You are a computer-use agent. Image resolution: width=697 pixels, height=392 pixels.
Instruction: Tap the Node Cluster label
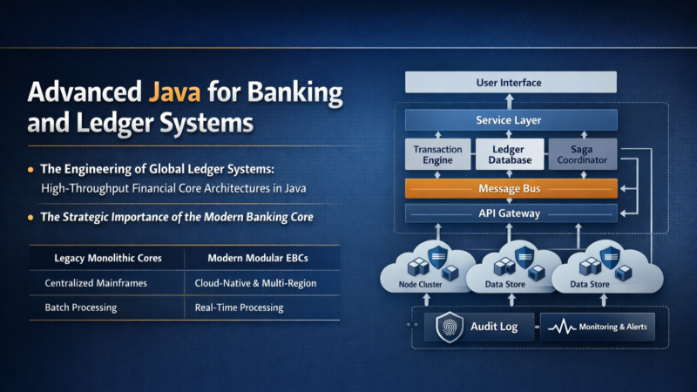(412, 285)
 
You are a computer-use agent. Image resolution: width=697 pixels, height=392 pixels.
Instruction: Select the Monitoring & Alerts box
(596, 328)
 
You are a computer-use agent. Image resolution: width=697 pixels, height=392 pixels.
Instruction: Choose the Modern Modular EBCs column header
(250, 259)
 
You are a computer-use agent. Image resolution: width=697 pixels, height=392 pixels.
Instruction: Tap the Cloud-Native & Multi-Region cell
(255, 283)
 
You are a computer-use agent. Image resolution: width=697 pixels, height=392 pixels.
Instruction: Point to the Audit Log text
(495, 328)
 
